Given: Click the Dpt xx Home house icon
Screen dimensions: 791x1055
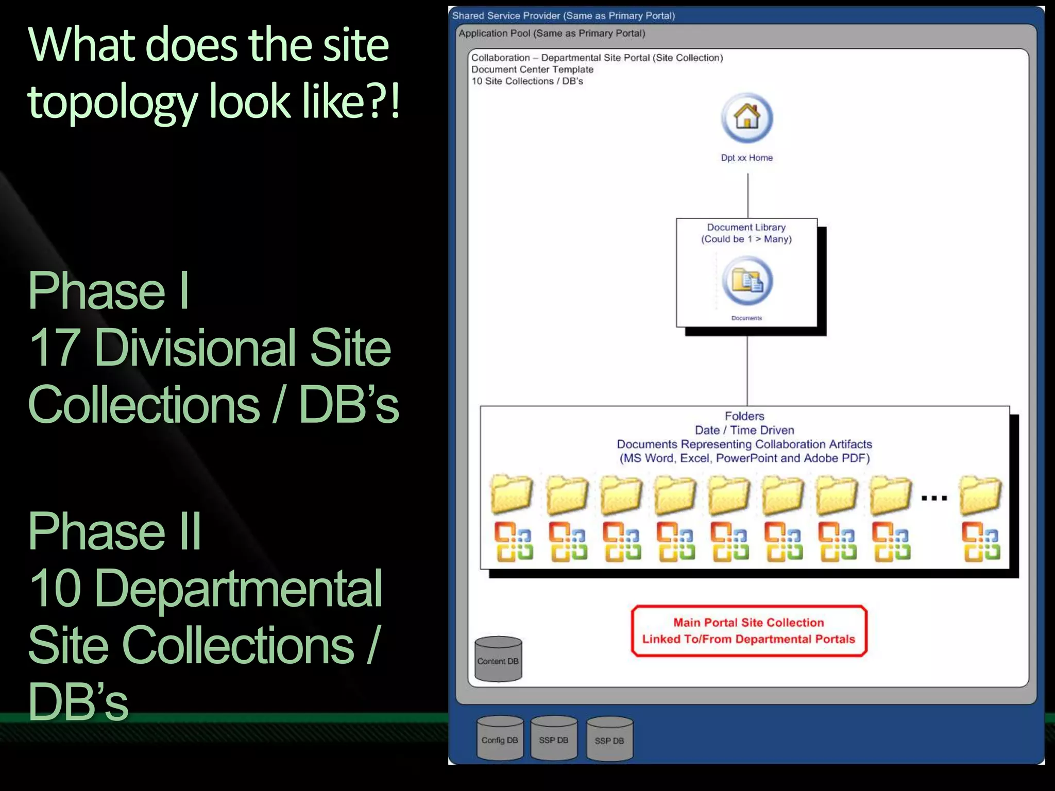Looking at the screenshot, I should pos(746,118).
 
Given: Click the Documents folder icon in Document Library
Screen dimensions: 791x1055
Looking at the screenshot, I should pos(747,281).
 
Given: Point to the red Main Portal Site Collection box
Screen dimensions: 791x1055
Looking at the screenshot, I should pos(749,631).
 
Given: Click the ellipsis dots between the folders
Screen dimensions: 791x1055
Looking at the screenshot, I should pos(934,498).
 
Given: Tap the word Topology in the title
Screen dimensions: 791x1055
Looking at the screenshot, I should pos(112,101).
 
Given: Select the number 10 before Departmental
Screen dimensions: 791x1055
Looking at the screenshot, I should pos(55,588).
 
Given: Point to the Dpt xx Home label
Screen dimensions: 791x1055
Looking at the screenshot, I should pos(746,158).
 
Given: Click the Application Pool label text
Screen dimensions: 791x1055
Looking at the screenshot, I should pos(552,33).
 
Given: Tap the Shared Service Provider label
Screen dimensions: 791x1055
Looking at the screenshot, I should pos(563,15).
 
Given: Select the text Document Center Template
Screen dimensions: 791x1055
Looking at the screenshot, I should pos(532,70).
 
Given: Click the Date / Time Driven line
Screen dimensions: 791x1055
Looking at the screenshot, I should pos(744,430).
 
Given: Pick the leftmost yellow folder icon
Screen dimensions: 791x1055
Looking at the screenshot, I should pos(512,494).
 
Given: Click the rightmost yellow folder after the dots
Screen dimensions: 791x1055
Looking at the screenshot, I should pos(980,494).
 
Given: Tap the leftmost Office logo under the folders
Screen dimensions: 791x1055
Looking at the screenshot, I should pos(513,541).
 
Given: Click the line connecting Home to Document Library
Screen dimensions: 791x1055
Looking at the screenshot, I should pos(747,196).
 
